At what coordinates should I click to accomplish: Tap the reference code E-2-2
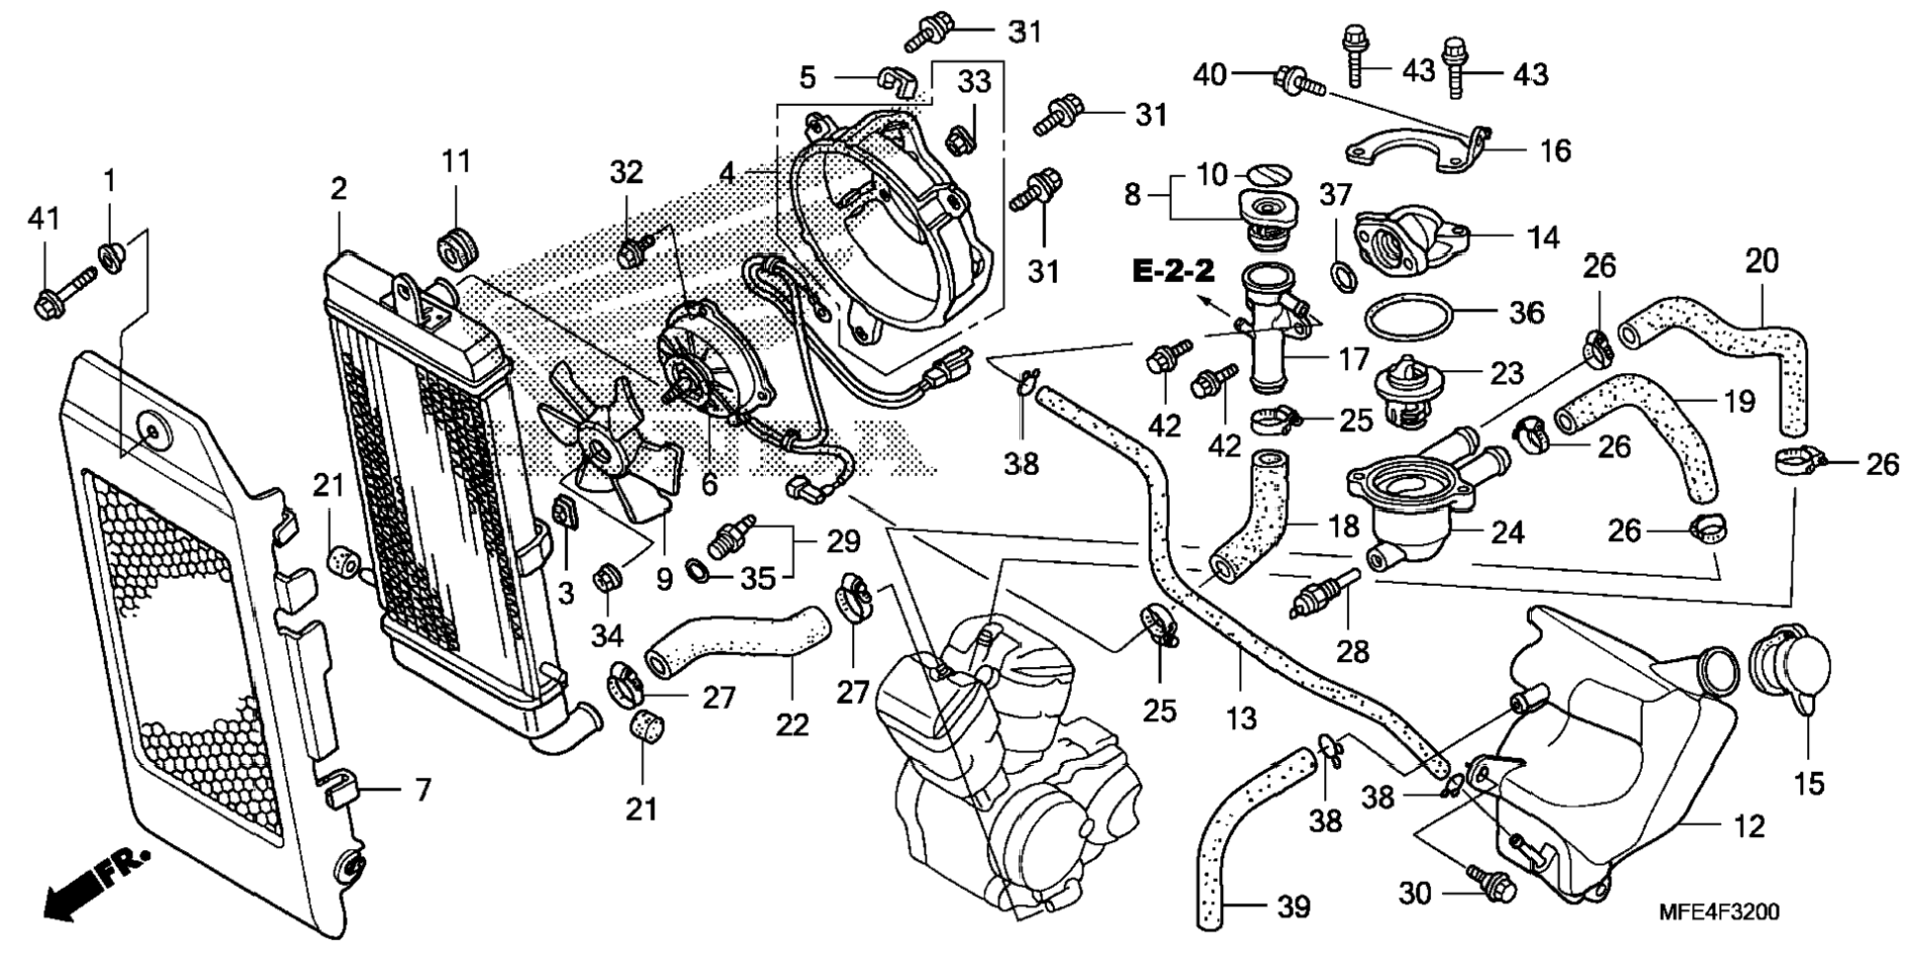pyautogui.click(x=1174, y=270)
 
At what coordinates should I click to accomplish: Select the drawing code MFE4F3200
pyautogui.click(x=1718, y=911)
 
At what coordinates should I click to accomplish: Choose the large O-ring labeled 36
pyautogui.click(x=1409, y=319)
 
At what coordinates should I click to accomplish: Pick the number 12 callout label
pyautogui.click(x=1750, y=826)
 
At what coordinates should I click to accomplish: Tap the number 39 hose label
pyautogui.click(x=1293, y=906)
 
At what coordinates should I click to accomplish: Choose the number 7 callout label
pyautogui.click(x=423, y=790)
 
